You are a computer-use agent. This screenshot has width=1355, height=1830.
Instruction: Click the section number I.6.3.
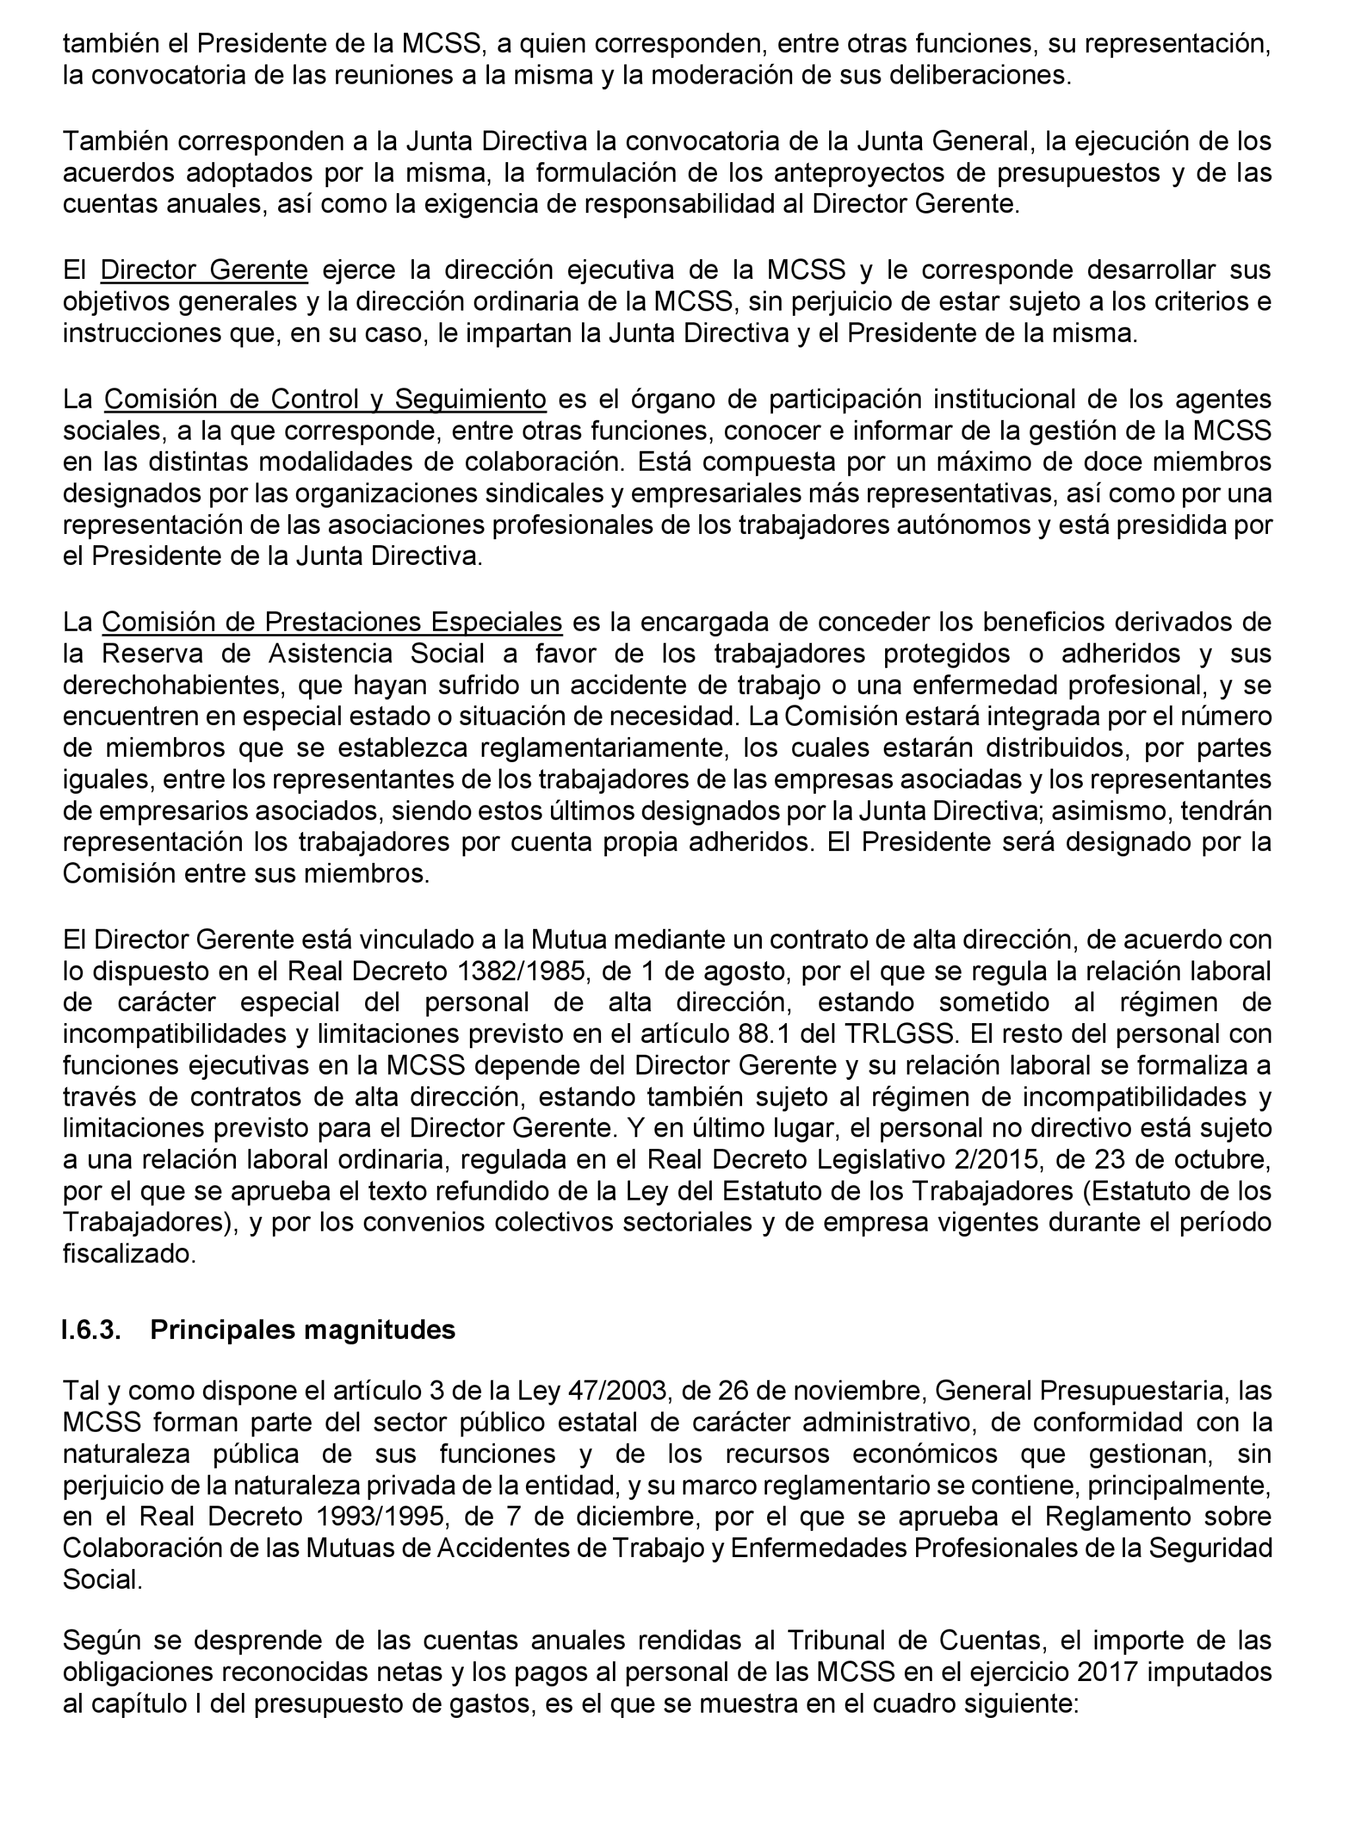[x=91, y=1330]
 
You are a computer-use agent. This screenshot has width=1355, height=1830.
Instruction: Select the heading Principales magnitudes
[x=303, y=1330]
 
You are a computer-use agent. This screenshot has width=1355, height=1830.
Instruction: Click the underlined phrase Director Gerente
[x=204, y=270]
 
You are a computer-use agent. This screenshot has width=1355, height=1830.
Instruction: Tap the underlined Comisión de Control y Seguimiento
[x=325, y=399]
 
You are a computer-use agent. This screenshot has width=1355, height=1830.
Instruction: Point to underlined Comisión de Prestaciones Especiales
[x=332, y=622]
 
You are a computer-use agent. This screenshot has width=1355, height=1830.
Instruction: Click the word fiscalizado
[x=130, y=1255]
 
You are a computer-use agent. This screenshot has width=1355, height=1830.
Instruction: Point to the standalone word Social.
[x=103, y=1579]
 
